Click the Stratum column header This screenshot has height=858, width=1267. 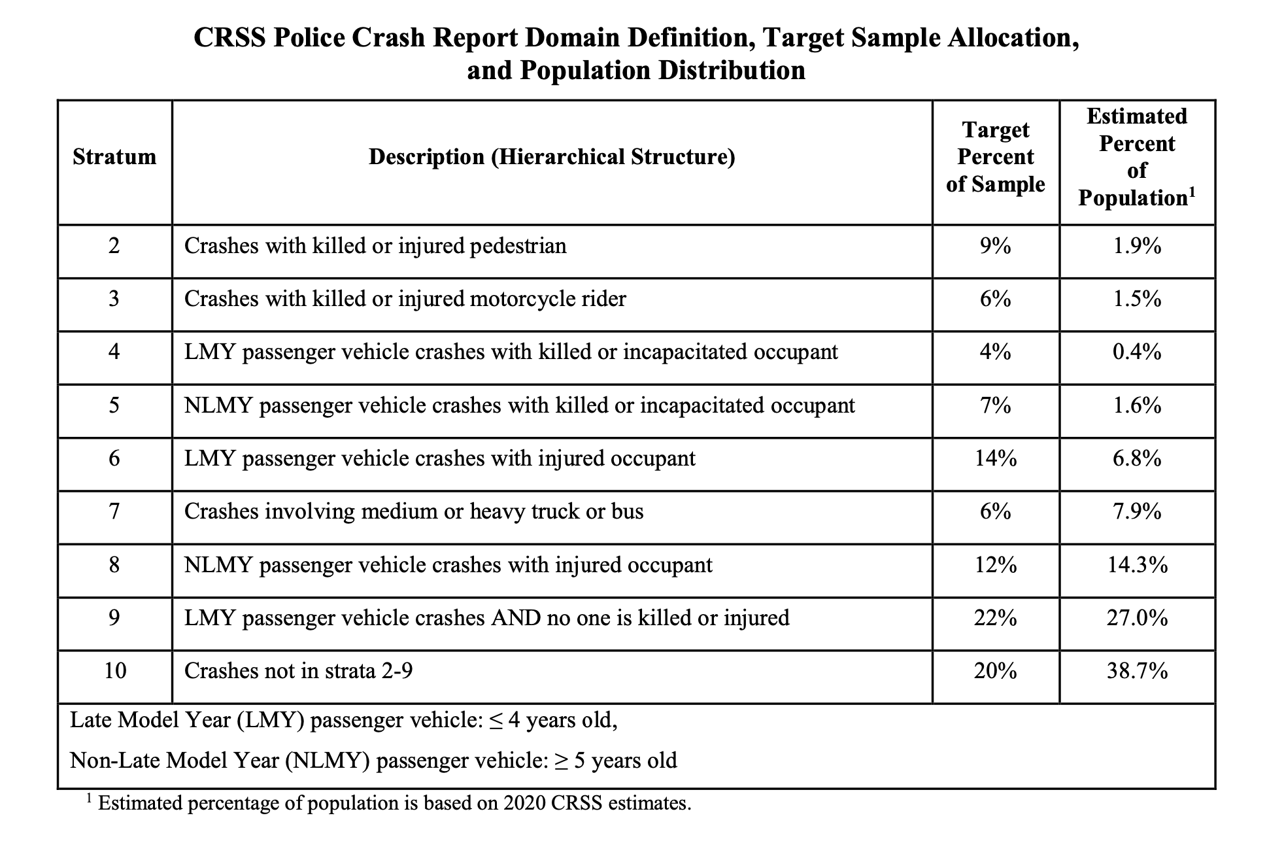coord(114,157)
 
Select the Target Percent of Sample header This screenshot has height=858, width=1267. coord(996,157)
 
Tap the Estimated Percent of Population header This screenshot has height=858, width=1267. coord(1137,157)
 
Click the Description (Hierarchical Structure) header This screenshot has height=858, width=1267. coord(552,157)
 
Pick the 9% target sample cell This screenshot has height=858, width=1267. coord(996,246)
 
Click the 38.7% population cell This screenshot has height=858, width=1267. coord(1137,671)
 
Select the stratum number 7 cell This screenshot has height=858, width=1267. coord(114,511)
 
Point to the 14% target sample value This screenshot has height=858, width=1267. coord(996,458)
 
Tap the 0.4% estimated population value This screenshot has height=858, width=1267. coord(1137,352)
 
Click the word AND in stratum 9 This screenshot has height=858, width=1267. coord(516,618)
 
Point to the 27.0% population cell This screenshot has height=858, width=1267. coord(1137,618)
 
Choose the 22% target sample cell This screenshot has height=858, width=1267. coord(996,618)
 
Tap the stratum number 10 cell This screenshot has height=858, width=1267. coord(115,671)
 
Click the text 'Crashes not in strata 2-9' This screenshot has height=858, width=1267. coord(299,671)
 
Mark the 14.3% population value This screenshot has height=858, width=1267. coord(1137,565)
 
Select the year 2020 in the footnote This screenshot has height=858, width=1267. coord(524,803)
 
